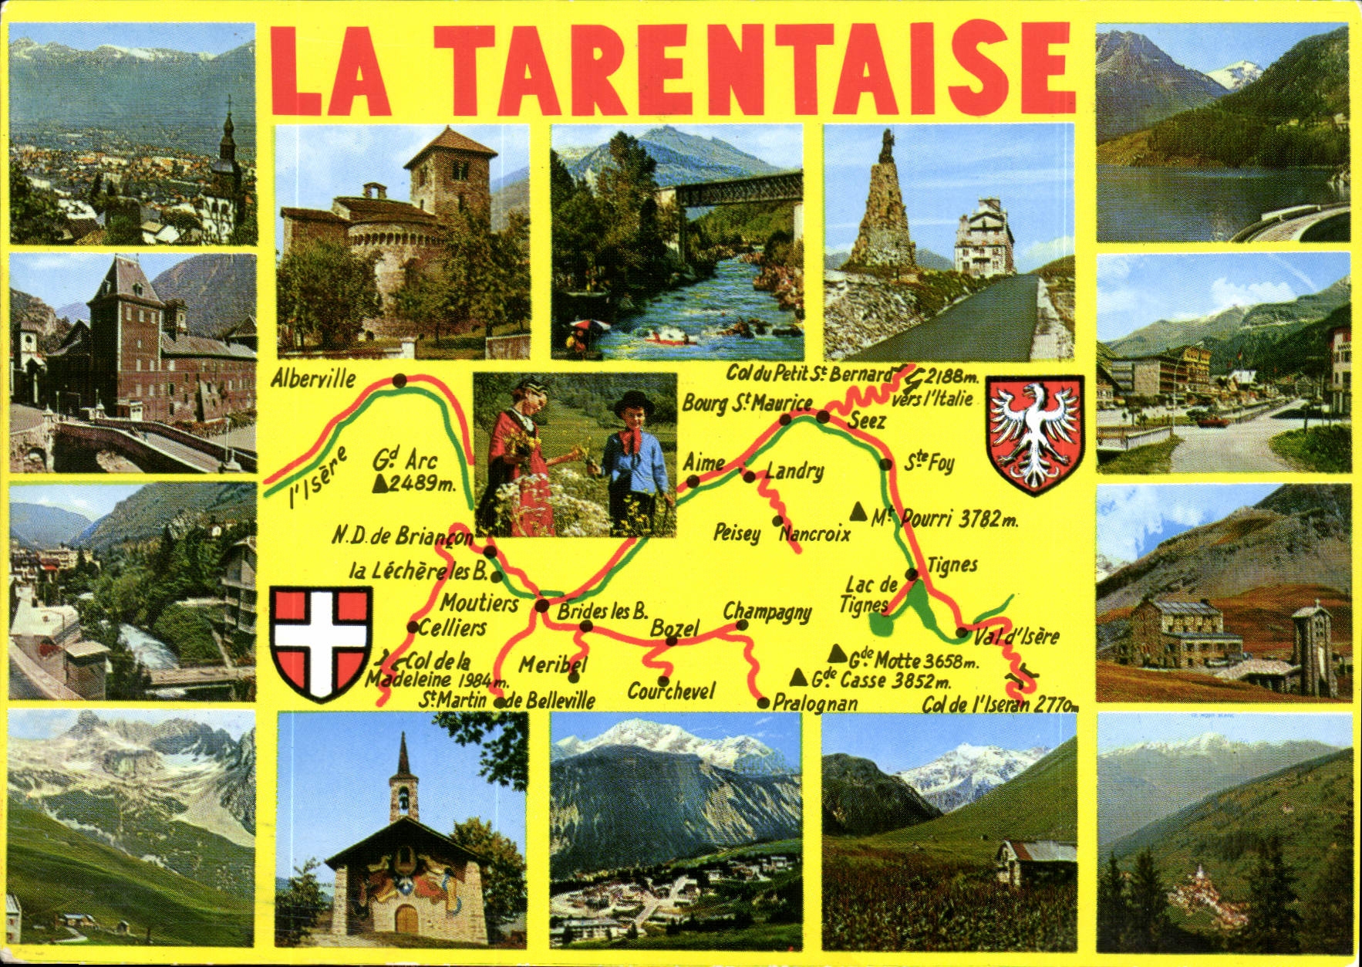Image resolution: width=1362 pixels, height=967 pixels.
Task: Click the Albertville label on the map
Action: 313,378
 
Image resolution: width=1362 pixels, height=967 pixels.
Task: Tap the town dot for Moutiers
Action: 542,605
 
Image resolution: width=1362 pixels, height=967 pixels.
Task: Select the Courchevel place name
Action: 671,691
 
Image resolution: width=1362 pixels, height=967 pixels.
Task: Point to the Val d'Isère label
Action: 1016,637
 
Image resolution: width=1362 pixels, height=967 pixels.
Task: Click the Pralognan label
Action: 814,702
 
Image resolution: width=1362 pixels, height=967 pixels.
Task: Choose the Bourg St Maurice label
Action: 747,403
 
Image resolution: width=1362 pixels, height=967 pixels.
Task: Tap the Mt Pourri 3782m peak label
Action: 945,518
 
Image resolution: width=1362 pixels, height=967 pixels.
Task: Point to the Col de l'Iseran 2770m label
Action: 999,704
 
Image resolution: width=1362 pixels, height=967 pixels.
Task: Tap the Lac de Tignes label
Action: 869,594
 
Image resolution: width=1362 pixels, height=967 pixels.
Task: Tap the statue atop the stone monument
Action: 888,145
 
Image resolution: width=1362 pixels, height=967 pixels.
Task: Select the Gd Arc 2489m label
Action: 413,472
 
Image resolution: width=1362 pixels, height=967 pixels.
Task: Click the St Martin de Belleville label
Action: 507,700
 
